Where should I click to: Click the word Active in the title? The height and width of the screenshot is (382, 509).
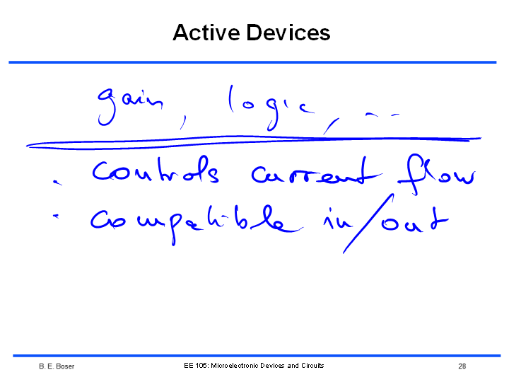(206, 33)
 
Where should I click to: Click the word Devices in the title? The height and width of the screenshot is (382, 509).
(288, 33)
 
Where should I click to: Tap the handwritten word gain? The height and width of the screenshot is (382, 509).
(130, 106)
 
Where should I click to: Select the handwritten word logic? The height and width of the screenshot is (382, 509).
(271, 108)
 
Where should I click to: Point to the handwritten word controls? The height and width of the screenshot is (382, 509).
(156, 170)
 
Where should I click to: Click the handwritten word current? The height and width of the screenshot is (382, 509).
(317, 172)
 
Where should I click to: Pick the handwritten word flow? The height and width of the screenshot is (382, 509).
(437, 174)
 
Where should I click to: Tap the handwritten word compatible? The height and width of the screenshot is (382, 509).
(197, 224)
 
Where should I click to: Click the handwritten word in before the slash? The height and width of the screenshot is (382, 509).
(338, 219)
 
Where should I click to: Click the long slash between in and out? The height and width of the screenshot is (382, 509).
(368, 224)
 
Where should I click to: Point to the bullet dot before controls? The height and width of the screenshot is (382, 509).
(57, 183)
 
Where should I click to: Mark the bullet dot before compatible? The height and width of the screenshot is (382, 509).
(56, 216)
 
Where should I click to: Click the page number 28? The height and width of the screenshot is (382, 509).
(462, 366)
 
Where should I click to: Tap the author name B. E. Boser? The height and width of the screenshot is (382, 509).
(57, 366)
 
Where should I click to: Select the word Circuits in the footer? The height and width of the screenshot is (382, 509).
(312, 366)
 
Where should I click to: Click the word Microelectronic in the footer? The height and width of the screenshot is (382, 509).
(235, 366)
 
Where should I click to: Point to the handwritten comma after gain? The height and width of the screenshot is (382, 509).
(183, 122)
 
